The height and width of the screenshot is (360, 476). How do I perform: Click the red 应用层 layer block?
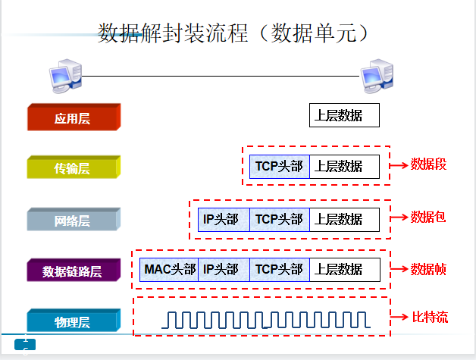74,117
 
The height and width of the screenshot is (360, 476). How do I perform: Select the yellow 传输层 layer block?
74,167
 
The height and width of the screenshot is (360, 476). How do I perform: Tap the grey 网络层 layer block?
74,220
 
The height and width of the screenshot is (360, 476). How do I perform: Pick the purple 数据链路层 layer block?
74,270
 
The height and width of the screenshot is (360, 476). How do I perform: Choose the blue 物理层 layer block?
74,321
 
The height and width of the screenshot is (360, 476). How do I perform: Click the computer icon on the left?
66,76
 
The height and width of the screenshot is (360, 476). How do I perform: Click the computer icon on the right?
377,76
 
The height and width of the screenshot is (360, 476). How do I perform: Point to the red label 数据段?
428,164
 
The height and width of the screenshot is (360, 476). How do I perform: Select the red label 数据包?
428,217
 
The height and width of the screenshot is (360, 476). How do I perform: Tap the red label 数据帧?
428,269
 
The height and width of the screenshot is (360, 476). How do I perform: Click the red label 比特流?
430,318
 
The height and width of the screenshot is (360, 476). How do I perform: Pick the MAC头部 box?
169,270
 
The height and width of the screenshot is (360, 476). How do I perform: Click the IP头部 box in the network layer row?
224,220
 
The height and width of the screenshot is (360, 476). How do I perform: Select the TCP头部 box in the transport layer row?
280,167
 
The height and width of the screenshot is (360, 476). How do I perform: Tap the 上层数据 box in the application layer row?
344,115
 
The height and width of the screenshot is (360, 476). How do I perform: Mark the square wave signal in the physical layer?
266,320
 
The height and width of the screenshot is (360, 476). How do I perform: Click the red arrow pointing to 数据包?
399,218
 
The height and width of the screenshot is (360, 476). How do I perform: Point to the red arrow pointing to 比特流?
399,318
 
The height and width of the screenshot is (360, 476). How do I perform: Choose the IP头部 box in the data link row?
224,270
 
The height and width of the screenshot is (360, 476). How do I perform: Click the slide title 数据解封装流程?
173,33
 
